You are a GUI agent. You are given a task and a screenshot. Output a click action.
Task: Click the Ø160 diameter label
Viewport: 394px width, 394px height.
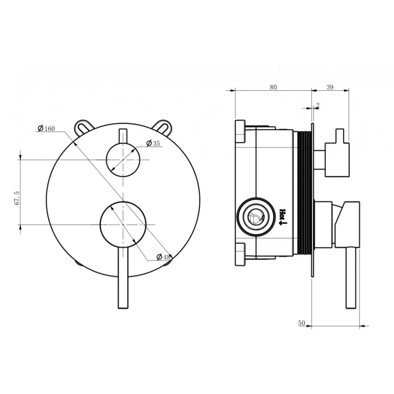(x=46, y=128)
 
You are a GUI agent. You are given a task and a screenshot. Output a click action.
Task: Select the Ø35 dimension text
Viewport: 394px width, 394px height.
(x=153, y=143)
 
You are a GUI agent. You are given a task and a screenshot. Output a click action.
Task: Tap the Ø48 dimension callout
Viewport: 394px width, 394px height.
(x=164, y=257)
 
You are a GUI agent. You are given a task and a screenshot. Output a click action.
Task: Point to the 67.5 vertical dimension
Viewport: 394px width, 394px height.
(x=17, y=198)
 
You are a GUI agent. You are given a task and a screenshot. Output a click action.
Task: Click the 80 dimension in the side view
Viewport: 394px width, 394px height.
(x=273, y=87)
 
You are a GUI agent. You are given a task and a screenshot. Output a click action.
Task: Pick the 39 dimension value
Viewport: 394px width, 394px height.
(x=330, y=87)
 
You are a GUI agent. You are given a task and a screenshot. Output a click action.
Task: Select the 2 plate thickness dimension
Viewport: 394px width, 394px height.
(x=318, y=105)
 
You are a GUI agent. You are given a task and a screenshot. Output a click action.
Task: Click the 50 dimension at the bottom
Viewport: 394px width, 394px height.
(x=301, y=323)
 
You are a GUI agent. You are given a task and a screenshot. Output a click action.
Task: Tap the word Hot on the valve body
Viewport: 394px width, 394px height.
(x=282, y=213)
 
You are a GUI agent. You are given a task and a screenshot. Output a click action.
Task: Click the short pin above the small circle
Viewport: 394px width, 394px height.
(x=123, y=136)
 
